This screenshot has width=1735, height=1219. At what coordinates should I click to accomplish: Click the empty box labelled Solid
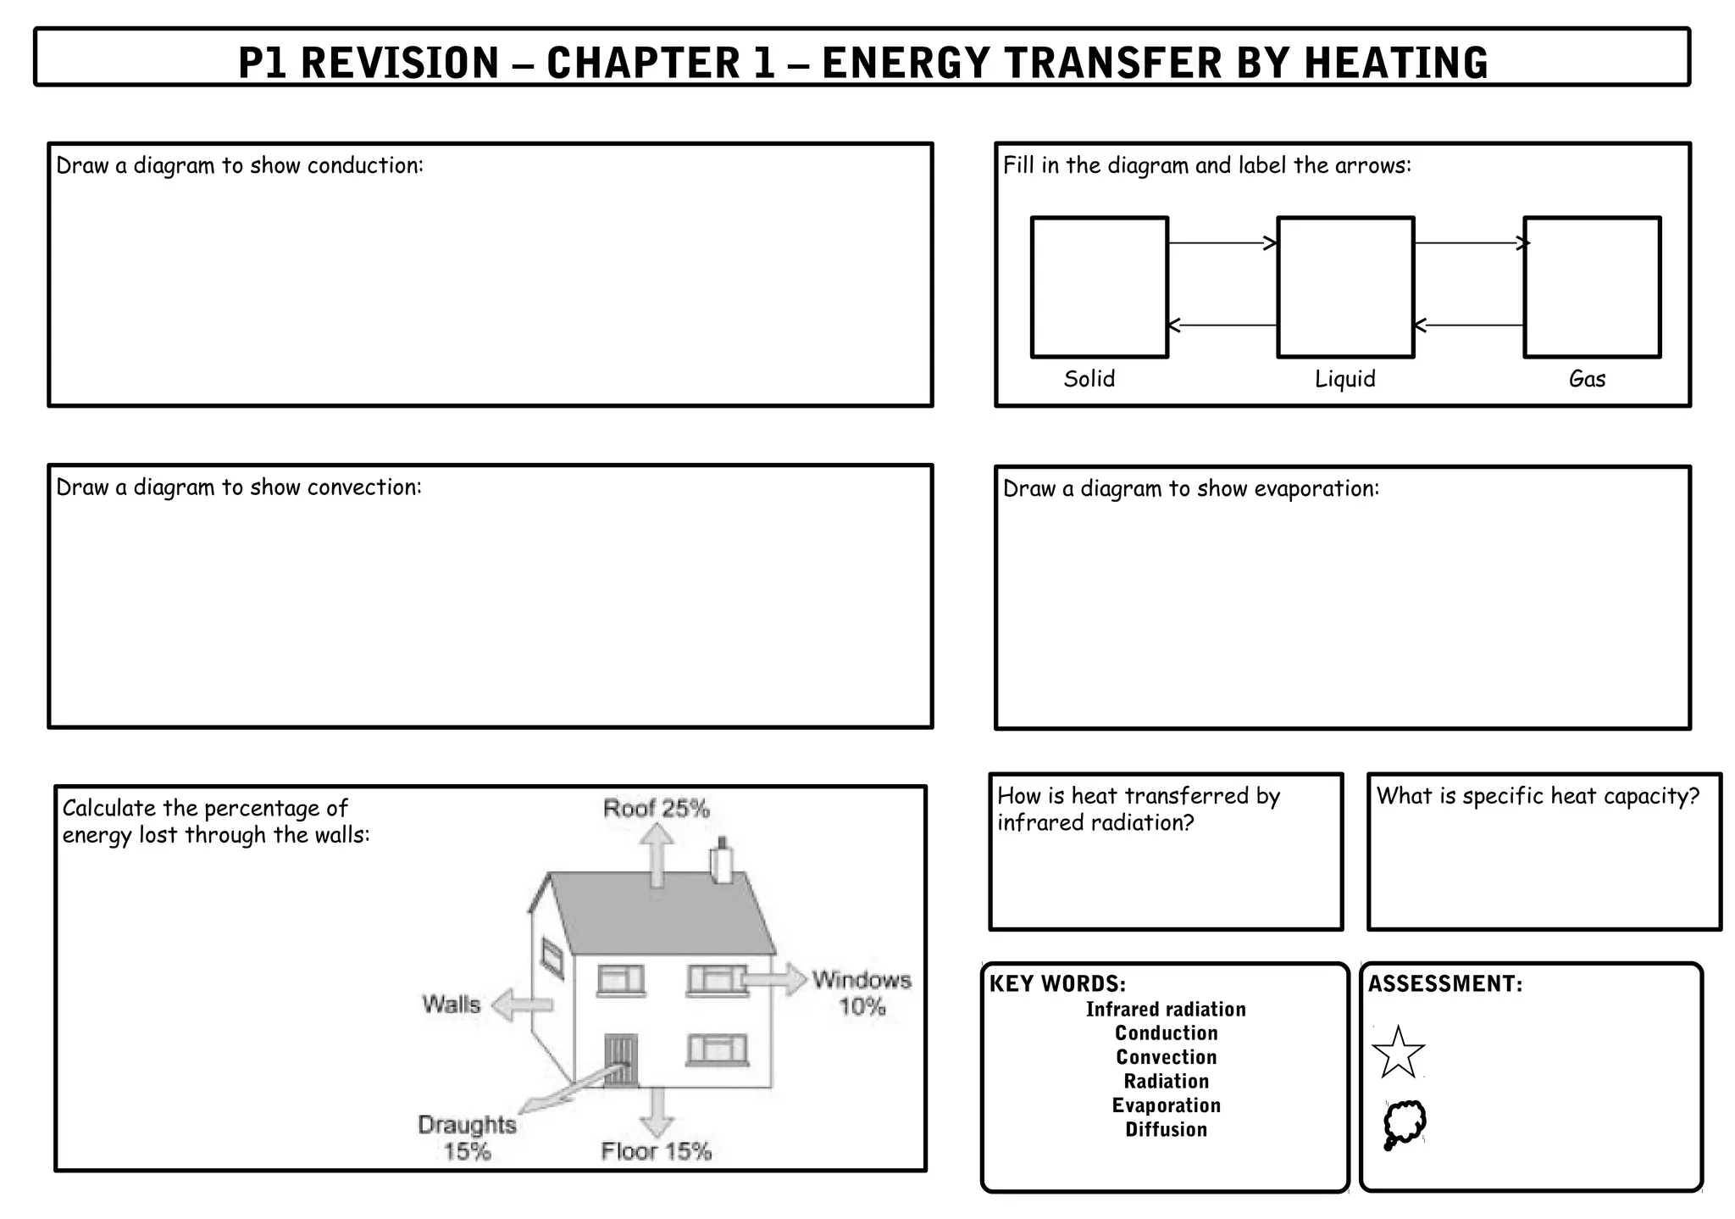[1099, 287]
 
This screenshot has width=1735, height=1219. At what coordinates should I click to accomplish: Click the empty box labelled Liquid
[1345, 287]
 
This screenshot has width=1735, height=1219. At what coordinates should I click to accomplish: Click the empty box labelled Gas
[1592, 287]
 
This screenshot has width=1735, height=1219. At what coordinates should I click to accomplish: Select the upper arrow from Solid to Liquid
[1222, 244]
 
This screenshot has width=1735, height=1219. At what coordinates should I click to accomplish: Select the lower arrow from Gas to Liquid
[1469, 325]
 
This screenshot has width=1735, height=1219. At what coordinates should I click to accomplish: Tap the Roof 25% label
[656, 809]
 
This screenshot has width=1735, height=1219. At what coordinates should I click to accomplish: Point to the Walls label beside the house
[451, 1005]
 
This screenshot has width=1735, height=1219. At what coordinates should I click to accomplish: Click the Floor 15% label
[656, 1151]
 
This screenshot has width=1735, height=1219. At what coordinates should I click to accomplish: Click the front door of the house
[620, 1060]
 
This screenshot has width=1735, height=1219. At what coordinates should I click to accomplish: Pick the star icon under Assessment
[1398, 1053]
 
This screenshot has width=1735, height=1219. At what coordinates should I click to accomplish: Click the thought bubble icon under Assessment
[1404, 1124]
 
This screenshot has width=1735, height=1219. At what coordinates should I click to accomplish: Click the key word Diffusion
[1166, 1129]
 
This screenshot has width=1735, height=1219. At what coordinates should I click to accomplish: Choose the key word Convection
[1166, 1057]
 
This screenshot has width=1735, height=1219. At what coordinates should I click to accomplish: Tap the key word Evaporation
[1166, 1105]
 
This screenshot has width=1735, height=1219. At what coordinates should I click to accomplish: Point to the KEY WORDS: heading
[1057, 983]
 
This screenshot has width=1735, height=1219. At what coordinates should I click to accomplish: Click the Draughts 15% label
[467, 1138]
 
